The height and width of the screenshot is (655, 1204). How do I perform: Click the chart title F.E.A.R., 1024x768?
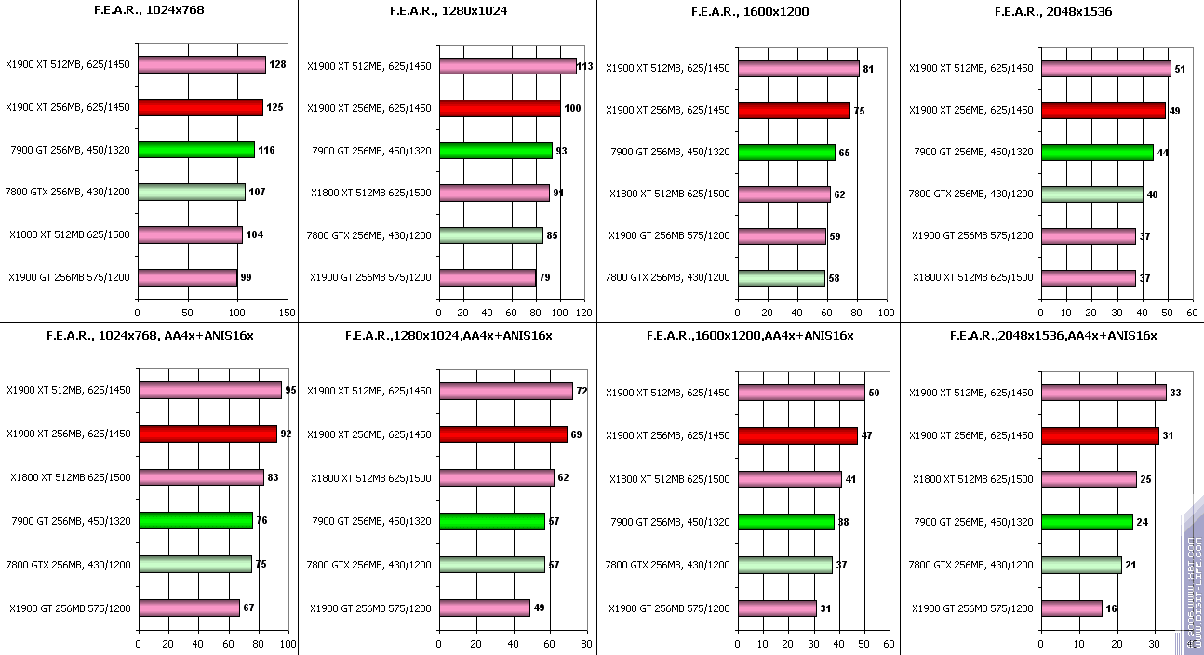pyautogui.click(x=149, y=11)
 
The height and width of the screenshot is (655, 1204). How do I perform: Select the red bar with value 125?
pyautogui.click(x=200, y=107)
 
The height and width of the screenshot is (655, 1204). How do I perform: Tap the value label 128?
pyautogui.click(x=277, y=65)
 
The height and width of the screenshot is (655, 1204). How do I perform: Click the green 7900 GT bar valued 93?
pyautogui.click(x=496, y=151)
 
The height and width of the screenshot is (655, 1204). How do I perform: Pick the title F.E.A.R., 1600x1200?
pyautogui.click(x=750, y=12)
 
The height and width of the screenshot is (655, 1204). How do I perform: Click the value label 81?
pyautogui.click(x=867, y=69)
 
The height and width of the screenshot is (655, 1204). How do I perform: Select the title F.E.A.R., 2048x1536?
pyautogui.click(x=1052, y=12)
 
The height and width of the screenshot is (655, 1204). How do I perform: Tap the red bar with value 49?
pyautogui.click(x=1103, y=111)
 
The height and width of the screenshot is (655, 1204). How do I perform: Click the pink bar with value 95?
pyautogui.click(x=209, y=390)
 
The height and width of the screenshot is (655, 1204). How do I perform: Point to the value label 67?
pyautogui.click(x=248, y=608)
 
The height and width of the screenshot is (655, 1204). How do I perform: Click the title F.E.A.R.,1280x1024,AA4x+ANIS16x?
pyautogui.click(x=448, y=336)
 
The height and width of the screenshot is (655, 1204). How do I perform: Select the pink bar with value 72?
pyautogui.click(x=505, y=391)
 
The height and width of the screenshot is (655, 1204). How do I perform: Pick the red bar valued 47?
pyautogui.click(x=797, y=435)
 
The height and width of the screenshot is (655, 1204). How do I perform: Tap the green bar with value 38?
pyautogui.click(x=786, y=522)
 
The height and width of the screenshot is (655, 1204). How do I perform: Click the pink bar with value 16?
pyautogui.click(x=1072, y=608)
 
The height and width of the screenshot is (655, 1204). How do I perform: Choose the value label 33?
pyautogui.click(x=1175, y=394)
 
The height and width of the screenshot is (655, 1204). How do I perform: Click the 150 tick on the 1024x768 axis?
pyautogui.click(x=287, y=314)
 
